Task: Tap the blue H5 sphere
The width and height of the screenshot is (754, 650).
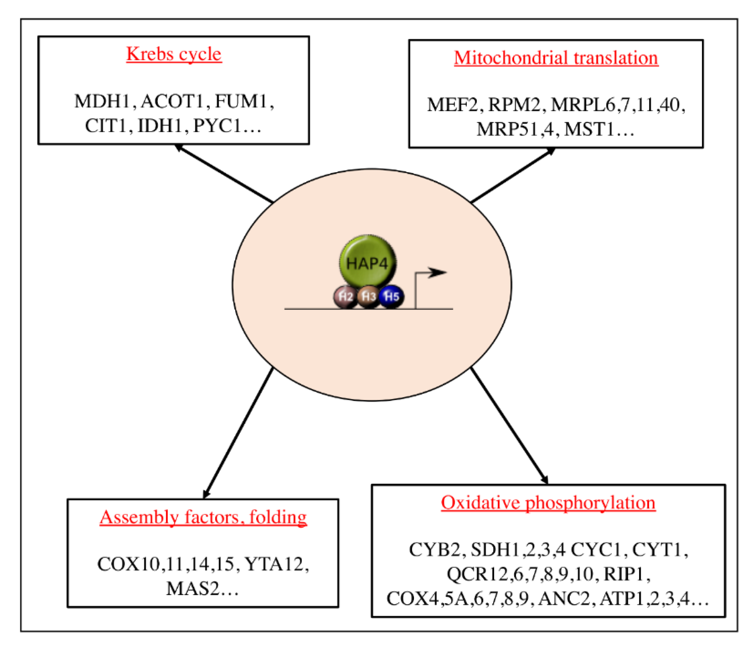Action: coord(391,297)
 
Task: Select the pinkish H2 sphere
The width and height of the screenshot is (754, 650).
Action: coord(345,297)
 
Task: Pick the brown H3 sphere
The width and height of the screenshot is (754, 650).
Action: coord(368,297)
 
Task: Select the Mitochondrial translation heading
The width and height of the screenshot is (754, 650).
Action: coord(556,58)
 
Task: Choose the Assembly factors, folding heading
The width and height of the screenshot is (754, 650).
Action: coord(203,517)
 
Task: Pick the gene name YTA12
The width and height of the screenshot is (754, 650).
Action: coord(274,564)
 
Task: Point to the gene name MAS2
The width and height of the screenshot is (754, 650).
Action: coord(193,589)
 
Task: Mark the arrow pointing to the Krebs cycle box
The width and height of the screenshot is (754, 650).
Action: coord(223,173)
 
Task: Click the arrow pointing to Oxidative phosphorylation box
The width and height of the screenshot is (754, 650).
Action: coord(509,426)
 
